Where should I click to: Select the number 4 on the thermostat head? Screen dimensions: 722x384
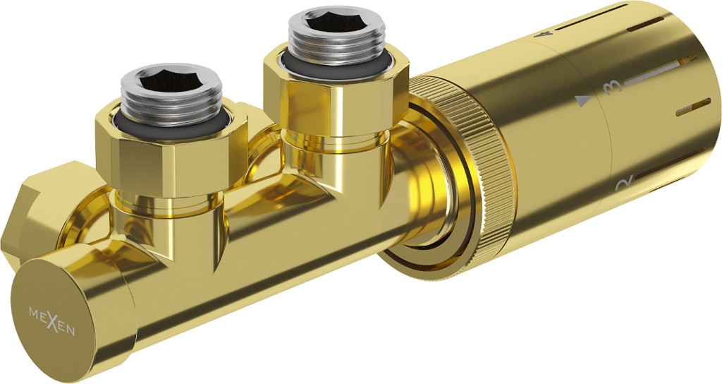(547, 34)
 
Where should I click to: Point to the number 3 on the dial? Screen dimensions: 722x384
(613, 87)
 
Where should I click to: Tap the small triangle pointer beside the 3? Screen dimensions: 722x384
(583, 101)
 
